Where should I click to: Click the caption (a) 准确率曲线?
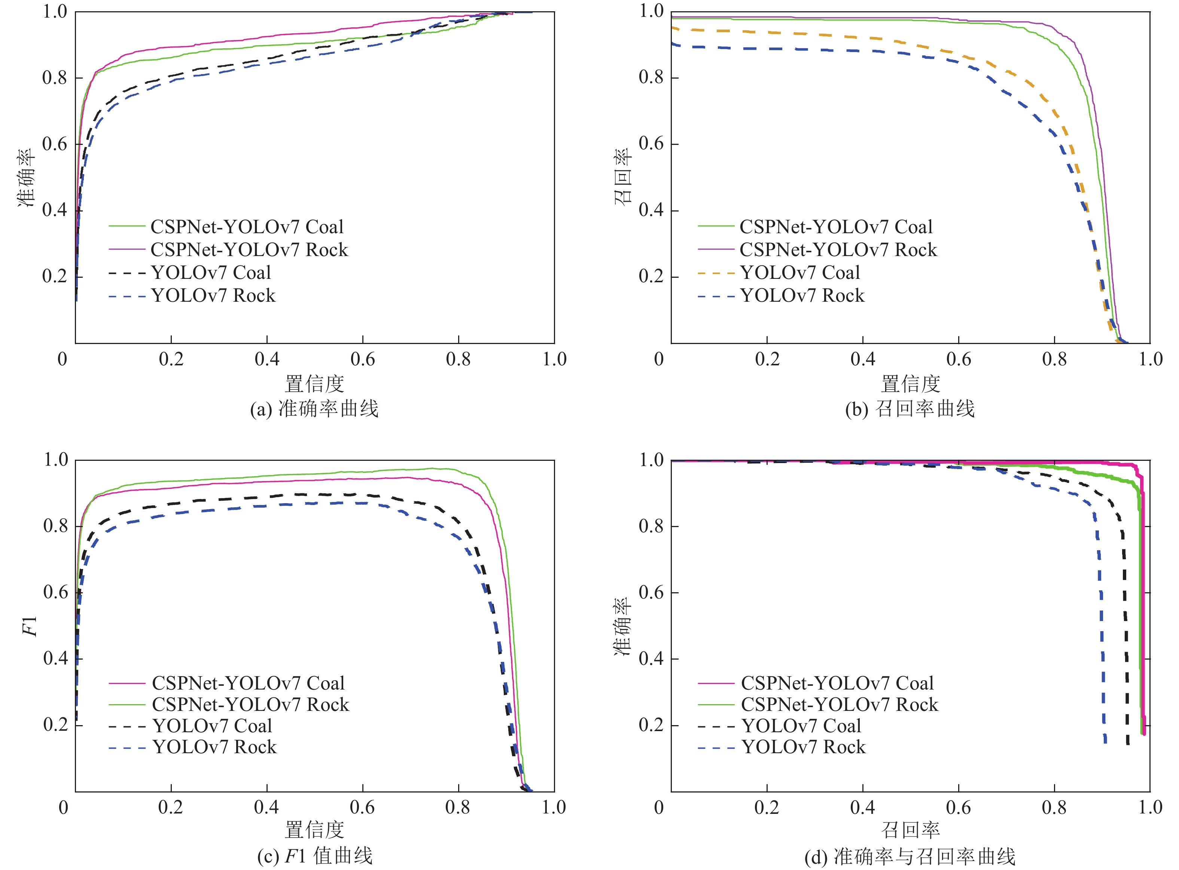pyautogui.click(x=314, y=409)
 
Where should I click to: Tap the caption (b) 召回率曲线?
pyautogui.click(x=910, y=409)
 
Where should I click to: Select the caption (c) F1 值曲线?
pyautogui.click(x=314, y=856)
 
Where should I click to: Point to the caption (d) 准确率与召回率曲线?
pyautogui.click(x=910, y=857)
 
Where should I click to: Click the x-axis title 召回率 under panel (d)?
pyautogui.click(x=910, y=830)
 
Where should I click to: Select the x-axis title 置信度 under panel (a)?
pyautogui.click(x=314, y=384)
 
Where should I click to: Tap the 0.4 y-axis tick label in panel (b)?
pyautogui.click(x=651, y=210)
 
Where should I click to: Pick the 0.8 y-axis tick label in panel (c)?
pyautogui.click(x=55, y=526)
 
